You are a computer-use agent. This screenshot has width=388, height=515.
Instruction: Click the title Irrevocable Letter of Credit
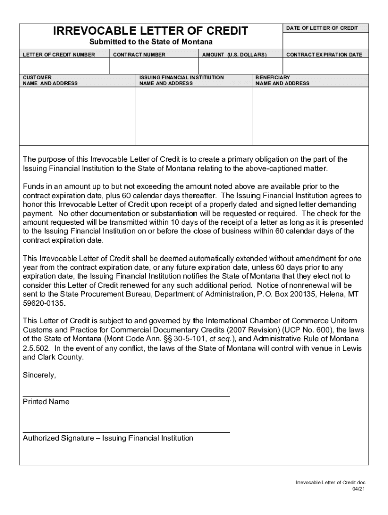[151, 31]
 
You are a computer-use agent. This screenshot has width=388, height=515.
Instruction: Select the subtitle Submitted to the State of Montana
[151, 42]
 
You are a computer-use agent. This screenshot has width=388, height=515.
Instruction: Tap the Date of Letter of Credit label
[322, 28]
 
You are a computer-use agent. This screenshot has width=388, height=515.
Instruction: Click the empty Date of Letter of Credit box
[325, 40]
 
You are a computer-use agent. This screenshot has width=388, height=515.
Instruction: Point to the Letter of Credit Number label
[58, 54]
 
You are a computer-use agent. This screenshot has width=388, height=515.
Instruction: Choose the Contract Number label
[140, 54]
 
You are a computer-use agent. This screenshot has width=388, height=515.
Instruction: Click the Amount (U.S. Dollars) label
[234, 54]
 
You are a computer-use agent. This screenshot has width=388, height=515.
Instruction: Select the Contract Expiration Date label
[324, 54]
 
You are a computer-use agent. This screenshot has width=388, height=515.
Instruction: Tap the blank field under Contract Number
[154, 66]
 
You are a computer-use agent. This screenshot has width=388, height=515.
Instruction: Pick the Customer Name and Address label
[50, 81]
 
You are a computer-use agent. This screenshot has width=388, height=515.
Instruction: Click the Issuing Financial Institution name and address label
[181, 81]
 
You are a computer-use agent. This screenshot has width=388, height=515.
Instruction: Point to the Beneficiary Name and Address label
[283, 81]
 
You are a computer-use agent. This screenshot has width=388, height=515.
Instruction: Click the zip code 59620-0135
[44, 304]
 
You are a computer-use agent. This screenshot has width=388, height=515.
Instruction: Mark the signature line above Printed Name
[126, 396]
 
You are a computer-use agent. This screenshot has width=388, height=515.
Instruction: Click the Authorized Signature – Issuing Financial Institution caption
[108, 438]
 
